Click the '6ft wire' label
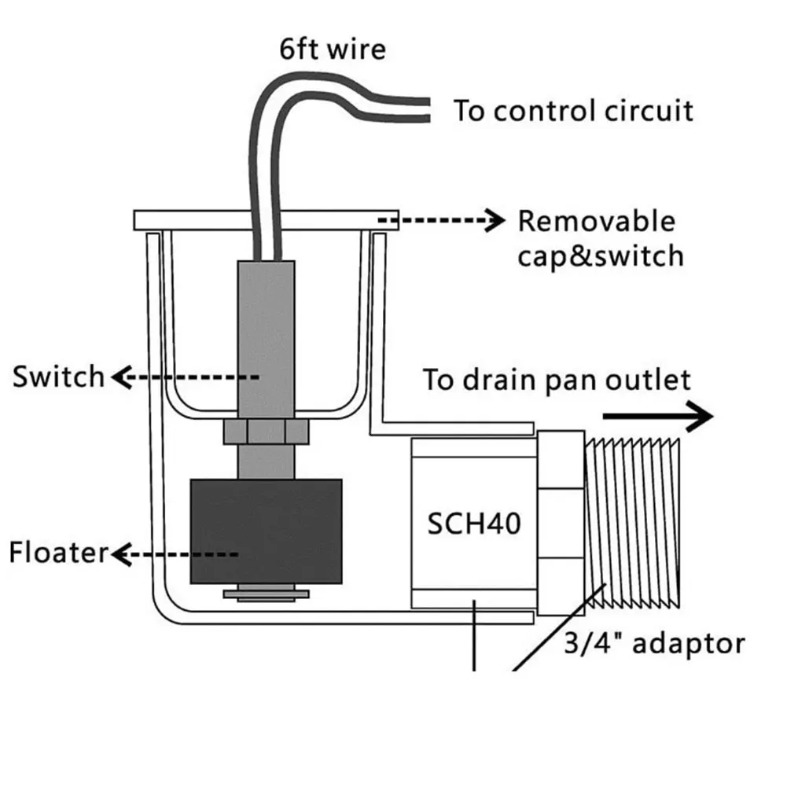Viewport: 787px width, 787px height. (x=333, y=50)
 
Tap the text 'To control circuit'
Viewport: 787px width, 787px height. (x=573, y=111)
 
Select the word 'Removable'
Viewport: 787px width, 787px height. (x=596, y=222)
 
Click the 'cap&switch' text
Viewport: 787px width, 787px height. (x=601, y=256)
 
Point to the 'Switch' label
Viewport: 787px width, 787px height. (x=58, y=377)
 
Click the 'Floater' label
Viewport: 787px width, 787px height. (x=58, y=553)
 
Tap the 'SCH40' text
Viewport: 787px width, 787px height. (x=474, y=524)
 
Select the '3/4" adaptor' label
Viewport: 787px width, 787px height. (x=654, y=643)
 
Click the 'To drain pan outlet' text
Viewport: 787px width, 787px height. (x=557, y=380)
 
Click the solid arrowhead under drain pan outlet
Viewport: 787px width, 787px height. (x=700, y=416)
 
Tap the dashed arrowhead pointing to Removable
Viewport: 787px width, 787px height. (x=495, y=220)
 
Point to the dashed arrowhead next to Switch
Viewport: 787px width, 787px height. (x=122, y=377)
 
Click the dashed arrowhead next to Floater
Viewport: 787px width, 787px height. (x=122, y=554)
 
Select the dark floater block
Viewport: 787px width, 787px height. (x=266, y=531)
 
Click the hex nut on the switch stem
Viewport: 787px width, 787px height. (x=266, y=432)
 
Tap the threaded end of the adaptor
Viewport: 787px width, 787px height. (x=632, y=523)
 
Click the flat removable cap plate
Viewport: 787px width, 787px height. (x=266, y=220)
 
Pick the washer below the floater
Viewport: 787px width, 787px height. (x=266, y=594)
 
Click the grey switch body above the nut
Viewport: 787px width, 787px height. (x=266, y=340)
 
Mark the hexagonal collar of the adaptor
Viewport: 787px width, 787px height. (x=561, y=523)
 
